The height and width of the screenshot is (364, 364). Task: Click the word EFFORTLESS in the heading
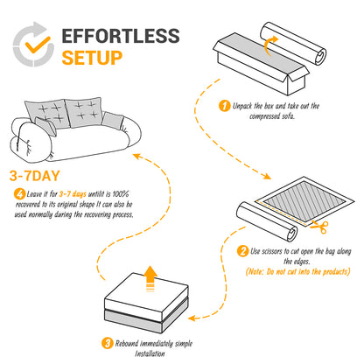point(121,38)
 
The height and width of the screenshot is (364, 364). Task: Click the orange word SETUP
point(92,59)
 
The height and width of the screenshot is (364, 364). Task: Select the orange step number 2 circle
point(242,252)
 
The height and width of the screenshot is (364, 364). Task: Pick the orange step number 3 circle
point(107,343)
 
